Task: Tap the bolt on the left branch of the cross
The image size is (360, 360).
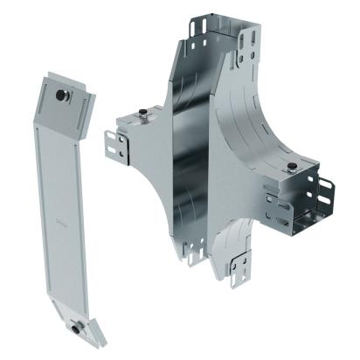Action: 142,114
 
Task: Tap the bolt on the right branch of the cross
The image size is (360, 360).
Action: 289,166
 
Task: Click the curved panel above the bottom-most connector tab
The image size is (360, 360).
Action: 232,236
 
